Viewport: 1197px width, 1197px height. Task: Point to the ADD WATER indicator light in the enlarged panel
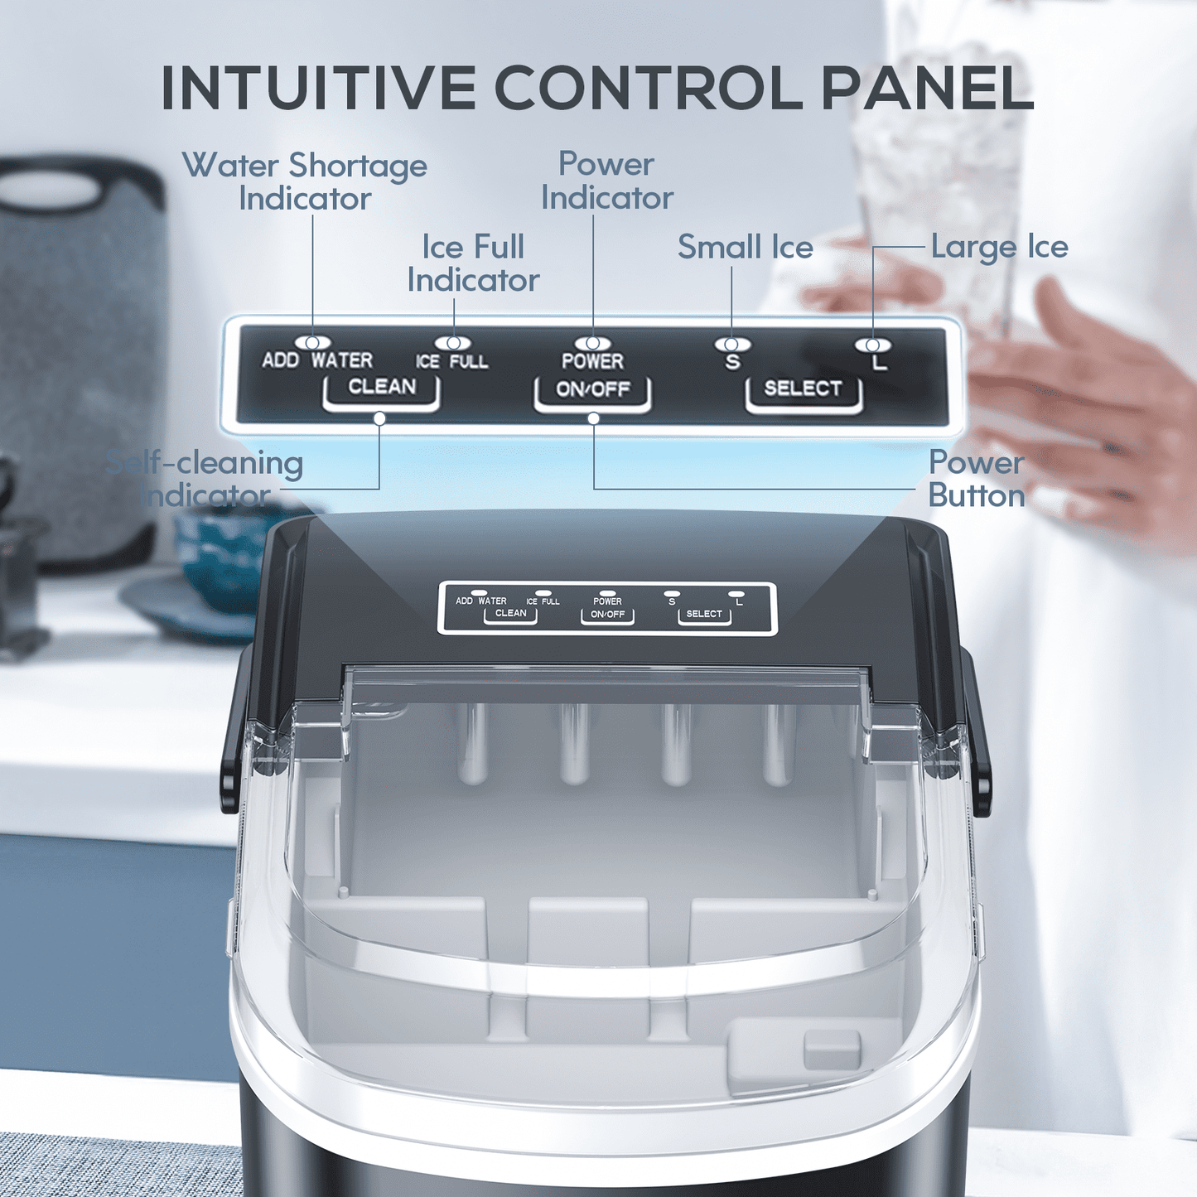(312, 342)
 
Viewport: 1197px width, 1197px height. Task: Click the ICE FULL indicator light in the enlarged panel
(453, 343)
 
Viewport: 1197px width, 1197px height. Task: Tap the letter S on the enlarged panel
(733, 362)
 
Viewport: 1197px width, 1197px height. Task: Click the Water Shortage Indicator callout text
(305, 182)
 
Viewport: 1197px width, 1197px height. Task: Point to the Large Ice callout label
(999, 247)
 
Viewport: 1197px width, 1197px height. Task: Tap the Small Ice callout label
(746, 247)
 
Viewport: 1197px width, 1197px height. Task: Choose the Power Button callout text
(977, 479)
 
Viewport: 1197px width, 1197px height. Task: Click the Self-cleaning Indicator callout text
(205, 479)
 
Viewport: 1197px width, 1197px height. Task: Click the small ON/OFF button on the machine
(607, 615)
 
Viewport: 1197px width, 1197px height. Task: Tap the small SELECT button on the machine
(704, 615)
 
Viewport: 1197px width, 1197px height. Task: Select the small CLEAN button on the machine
(510, 614)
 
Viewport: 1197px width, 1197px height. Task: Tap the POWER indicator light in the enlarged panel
(592, 343)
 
